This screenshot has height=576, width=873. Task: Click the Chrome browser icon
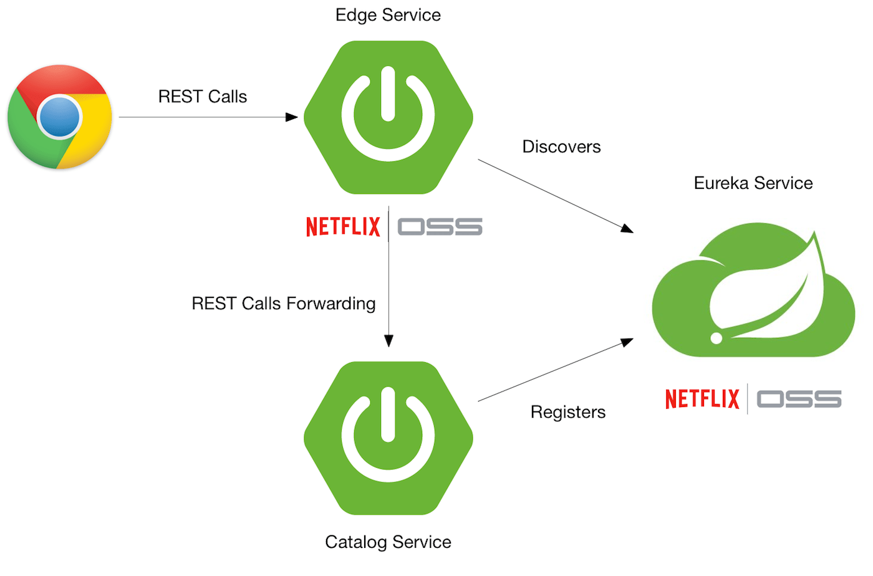click(x=60, y=117)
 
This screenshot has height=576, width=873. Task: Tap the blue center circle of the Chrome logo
click(x=60, y=117)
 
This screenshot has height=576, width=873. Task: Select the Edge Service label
click(x=388, y=15)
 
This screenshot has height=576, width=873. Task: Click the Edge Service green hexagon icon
click(x=388, y=117)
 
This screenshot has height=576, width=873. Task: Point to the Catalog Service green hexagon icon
click(x=388, y=438)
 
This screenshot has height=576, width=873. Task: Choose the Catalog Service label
click(x=388, y=542)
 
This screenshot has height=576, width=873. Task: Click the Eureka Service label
click(x=753, y=183)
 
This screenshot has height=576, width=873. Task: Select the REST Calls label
click(x=203, y=97)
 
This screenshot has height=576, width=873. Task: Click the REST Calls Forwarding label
click(x=284, y=304)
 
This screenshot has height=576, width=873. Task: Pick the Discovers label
click(x=561, y=147)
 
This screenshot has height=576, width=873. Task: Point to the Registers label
click(x=567, y=412)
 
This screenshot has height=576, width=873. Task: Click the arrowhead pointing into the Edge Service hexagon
click(x=292, y=117)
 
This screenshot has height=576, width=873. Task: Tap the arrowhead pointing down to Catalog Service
click(x=388, y=340)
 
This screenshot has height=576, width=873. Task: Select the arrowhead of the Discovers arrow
click(x=627, y=229)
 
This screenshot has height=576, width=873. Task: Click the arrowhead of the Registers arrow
click(x=627, y=342)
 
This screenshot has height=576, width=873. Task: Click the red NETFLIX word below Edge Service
click(x=343, y=227)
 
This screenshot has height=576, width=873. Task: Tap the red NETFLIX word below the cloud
click(x=702, y=399)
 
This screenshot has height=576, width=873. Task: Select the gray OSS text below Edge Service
click(x=440, y=227)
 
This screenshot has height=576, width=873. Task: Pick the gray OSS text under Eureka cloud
click(x=799, y=399)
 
